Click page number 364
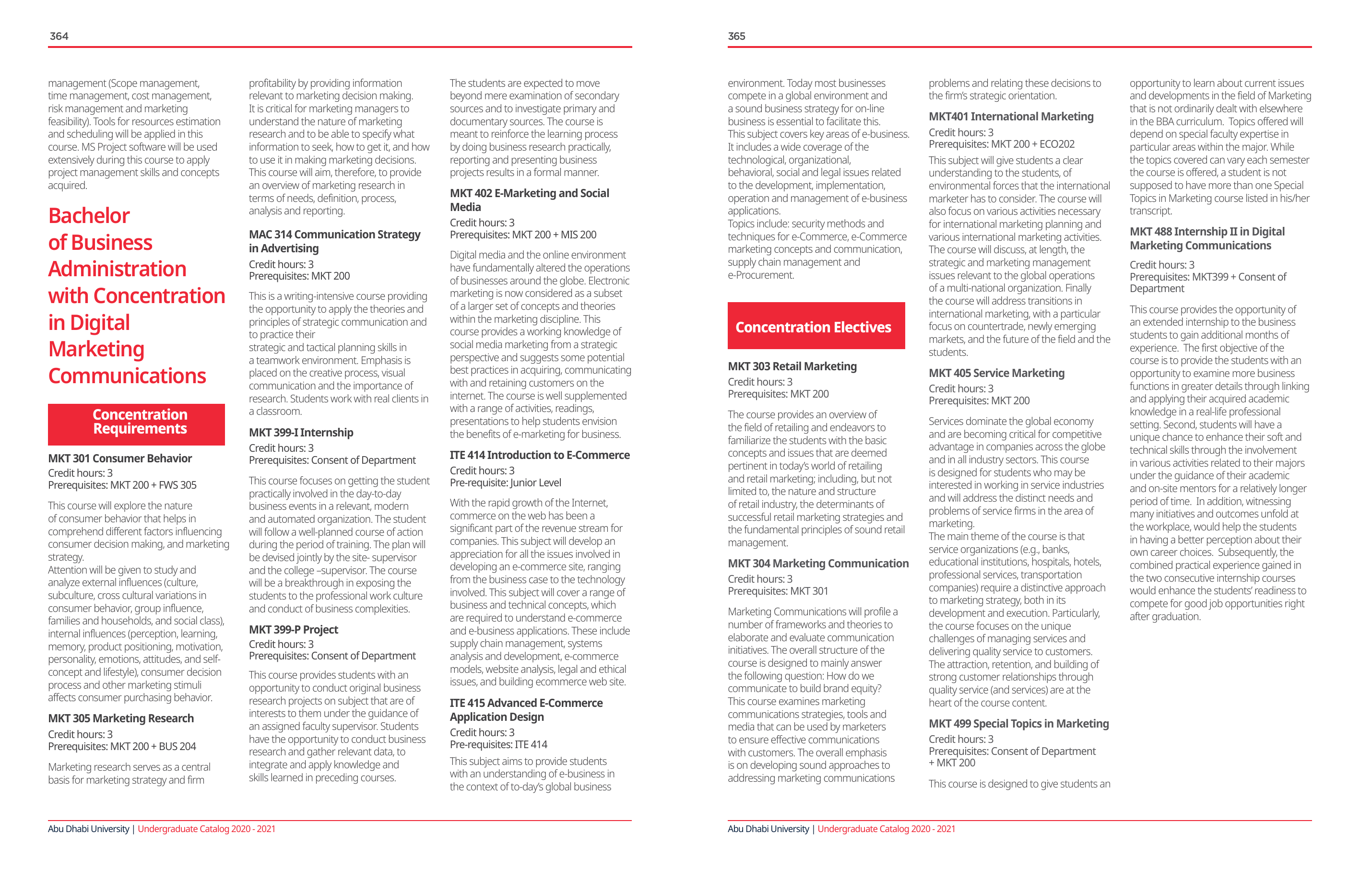tap(59, 36)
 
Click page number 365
tap(736, 36)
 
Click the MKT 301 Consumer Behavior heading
tap(120, 458)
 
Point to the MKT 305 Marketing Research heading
tap(121, 718)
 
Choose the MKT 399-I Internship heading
tap(301, 433)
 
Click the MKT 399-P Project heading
tap(293, 630)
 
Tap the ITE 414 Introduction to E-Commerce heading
tap(539, 455)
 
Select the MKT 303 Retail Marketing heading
tap(792, 366)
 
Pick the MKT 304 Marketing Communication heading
tap(818, 564)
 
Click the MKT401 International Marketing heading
tap(1011, 117)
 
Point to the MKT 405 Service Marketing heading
tap(996, 373)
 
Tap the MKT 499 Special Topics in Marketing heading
tap(1018, 724)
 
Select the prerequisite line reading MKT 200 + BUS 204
tap(122, 747)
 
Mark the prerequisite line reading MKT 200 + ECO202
tap(1001, 144)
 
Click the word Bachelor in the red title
tap(89, 216)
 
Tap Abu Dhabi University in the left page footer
tap(89, 829)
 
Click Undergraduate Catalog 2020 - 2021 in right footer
tap(886, 829)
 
